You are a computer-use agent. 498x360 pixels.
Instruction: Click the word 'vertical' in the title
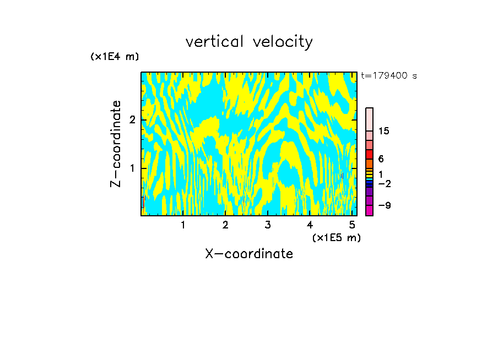(214, 42)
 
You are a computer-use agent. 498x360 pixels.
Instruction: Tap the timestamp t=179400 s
(388, 76)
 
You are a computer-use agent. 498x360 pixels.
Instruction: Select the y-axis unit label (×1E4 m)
(115, 57)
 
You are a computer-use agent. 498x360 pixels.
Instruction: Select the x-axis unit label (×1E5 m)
(336, 237)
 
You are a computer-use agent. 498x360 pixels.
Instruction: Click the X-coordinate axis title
(249, 254)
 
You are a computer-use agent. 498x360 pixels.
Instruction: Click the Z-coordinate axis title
(116, 144)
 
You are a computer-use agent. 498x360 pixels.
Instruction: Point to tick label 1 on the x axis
(183, 225)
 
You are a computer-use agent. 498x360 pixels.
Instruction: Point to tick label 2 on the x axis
(225, 225)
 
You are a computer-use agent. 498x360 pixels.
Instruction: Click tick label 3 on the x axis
(268, 225)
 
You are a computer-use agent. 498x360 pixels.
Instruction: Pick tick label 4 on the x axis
(310, 225)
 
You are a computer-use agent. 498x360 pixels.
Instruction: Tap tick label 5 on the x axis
(352, 225)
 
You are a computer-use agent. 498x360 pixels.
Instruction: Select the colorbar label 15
(384, 131)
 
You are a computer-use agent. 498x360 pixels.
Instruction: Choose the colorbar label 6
(381, 159)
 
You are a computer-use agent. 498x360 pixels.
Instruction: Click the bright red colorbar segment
(369, 155)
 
